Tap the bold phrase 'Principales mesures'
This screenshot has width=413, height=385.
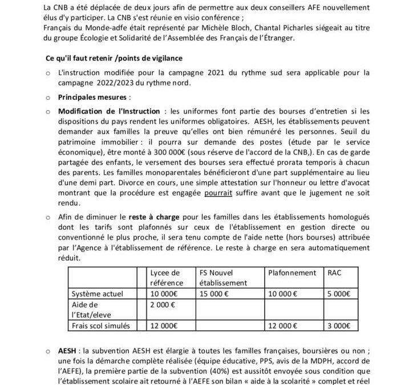pos(88,97)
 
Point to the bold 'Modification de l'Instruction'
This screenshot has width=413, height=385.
pos(106,110)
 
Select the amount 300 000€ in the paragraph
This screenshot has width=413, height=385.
pos(184,153)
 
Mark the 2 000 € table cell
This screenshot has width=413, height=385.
pos(162,304)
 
